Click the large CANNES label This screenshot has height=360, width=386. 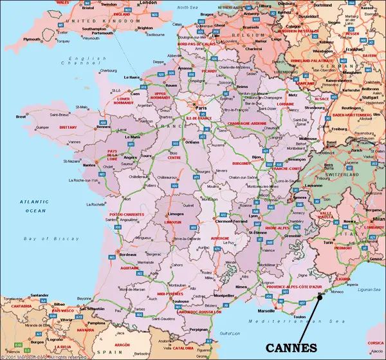click(x=291, y=347)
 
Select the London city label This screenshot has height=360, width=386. click(x=148, y=3)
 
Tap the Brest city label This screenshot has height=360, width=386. click(x=21, y=117)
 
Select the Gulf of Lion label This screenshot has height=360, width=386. click(x=229, y=334)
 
